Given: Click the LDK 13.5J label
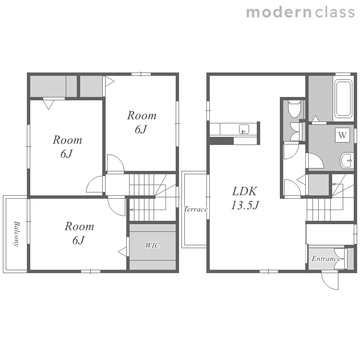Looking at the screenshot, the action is (x=245, y=198).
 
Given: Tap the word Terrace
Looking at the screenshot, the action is (x=196, y=209).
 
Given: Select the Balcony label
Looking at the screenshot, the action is (x=16, y=234).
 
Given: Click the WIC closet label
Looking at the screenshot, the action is (x=153, y=245).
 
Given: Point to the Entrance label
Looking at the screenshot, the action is (x=326, y=259).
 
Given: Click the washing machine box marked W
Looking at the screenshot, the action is (x=342, y=135).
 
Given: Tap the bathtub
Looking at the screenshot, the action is (x=344, y=98).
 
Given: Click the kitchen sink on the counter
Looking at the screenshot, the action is (x=244, y=129).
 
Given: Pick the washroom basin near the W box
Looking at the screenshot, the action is (x=346, y=160).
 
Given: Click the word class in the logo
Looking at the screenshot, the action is (x=335, y=12).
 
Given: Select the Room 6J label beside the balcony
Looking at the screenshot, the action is (x=79, y=233).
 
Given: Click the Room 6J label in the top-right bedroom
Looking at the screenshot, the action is (x=142, y=122).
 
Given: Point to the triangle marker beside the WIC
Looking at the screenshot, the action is (x=122, y=252).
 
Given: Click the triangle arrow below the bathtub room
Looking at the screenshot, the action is (x=315, y=119).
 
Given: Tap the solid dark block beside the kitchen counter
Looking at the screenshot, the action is (x=222, y=141).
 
